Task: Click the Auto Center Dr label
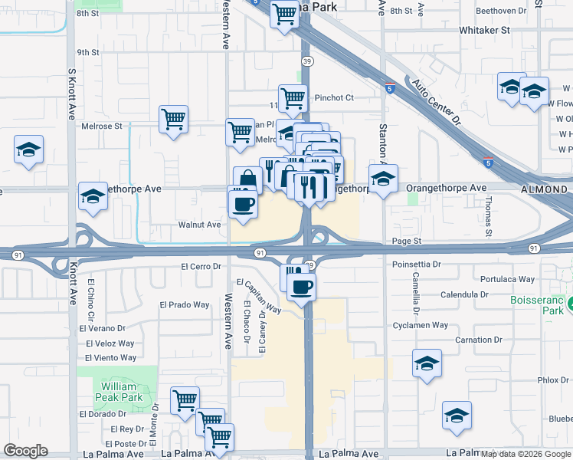click(x=436, y=102)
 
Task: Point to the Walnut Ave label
click(x=199, y=225)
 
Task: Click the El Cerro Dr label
click(x=201, y=267)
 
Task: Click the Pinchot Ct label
click(x=334, y=98)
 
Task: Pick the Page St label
click(x=407, y=241)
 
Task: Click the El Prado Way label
click(x=185, y=304)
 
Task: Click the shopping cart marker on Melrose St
click(x=174, y=120)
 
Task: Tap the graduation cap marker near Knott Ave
click(x=93, y=196)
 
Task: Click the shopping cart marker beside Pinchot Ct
click(x=293, y=97)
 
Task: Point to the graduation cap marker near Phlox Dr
click(x=427, y=363)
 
